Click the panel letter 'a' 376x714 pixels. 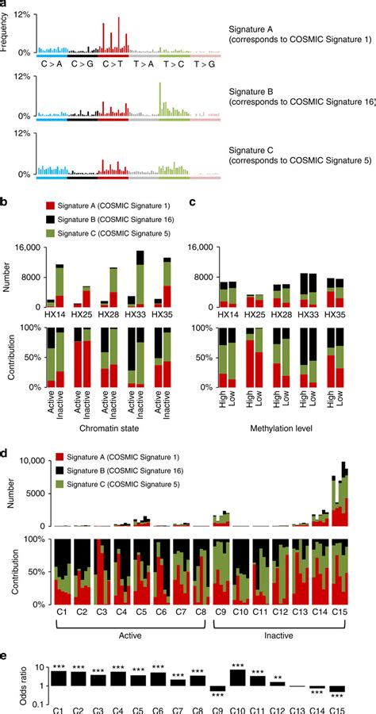tap(6, 5)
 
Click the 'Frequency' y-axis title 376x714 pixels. tap(6, 33)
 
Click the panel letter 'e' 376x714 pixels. tap(6, 656)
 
